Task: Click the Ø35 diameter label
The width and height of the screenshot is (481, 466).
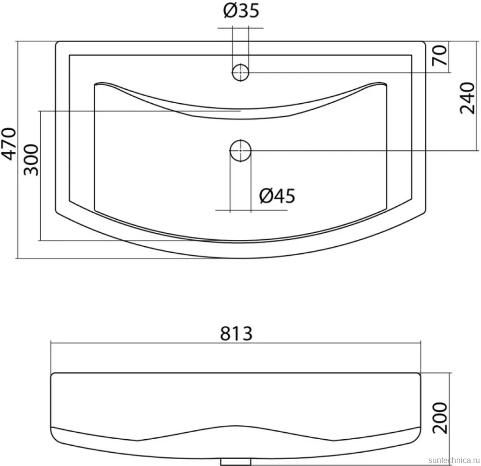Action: (x=241, y=10)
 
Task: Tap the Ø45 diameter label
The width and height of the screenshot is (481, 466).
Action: (x=277, y=196)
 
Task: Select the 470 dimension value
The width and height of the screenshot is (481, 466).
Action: (x=9, y=144)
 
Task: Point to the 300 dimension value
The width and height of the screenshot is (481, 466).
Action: (x=31, y=160)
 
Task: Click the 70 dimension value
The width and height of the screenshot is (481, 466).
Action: (x=439, y=55)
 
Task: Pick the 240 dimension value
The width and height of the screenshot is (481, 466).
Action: (x=467, y=98)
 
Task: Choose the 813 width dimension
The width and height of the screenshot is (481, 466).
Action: (x=236, y=334)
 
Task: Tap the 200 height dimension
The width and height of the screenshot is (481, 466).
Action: (x=440, y=418)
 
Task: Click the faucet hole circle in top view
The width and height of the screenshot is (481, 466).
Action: (x=240, y=73)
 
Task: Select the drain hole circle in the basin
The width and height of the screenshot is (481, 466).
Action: (x=240, y=151)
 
